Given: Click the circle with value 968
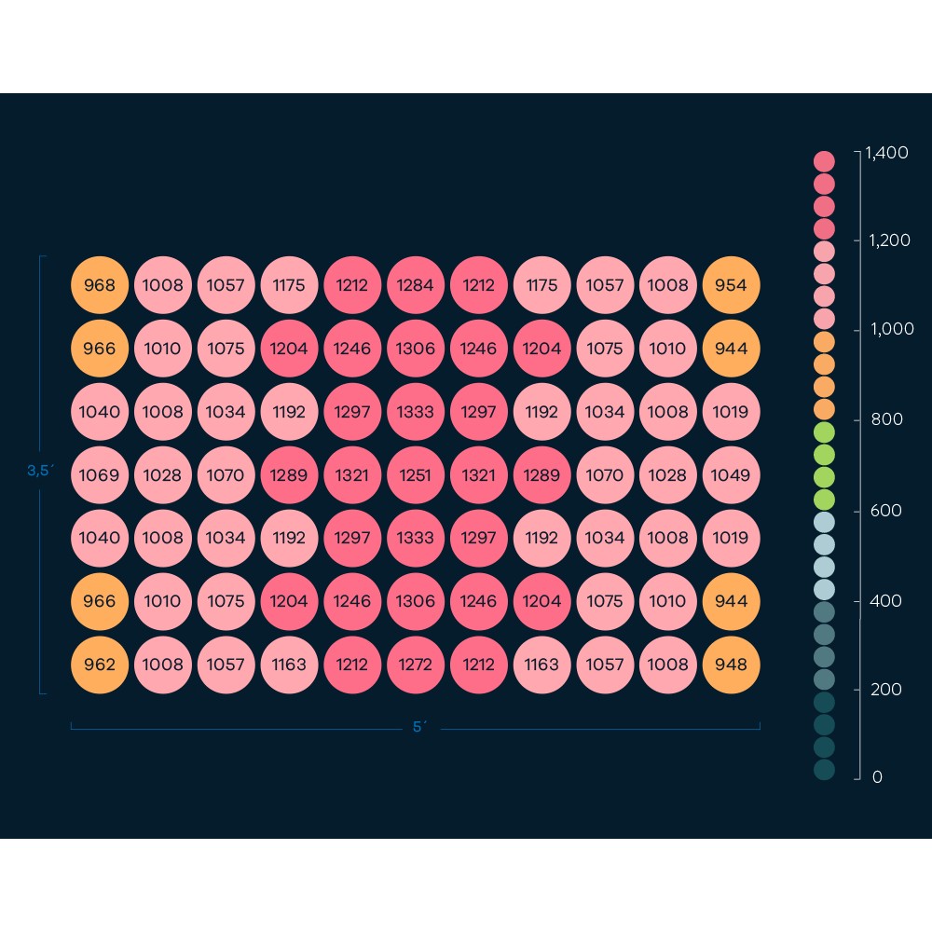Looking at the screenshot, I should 100,284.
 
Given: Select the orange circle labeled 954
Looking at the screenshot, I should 731,284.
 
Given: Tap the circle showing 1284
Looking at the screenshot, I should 416,284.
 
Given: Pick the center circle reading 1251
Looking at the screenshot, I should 416,474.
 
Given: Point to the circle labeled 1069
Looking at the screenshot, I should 100,474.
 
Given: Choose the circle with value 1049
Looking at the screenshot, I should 731,474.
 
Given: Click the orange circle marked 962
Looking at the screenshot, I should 100,665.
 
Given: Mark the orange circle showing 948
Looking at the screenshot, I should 731,665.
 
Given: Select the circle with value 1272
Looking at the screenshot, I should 416,665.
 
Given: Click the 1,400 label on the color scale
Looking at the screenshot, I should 886,152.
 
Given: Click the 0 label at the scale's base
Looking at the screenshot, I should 877,777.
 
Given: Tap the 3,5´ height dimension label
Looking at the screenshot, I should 40,471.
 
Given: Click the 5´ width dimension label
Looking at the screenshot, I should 419,727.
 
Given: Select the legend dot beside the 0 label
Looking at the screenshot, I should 824,770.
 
